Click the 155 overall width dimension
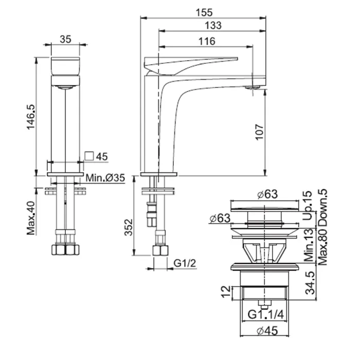pos(204,13)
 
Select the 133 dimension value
pos(213,25)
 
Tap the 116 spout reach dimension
pos(207,41)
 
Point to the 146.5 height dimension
pos(31,117)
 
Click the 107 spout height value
pos(260,132)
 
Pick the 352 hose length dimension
pos(129,227)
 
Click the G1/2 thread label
pos(185,263)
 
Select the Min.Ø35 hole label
pos(105,177)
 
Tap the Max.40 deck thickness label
pos(31,218)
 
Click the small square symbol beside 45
pos(89,156)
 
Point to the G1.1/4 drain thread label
pos(266,314)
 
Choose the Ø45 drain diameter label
pos(267,331)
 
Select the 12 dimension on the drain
pos(226,292)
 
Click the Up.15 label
pos(308,205)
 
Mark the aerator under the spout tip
pos(253,87)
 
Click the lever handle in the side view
pos(191,66)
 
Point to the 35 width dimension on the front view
pos(65,39)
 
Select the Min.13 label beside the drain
pos(309,245)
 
